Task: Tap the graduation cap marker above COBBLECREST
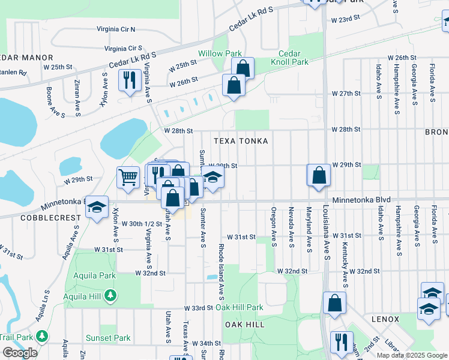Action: point(97,207)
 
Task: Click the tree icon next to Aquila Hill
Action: point(109,295)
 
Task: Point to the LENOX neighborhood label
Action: point(385,319)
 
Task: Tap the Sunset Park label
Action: point(108,338)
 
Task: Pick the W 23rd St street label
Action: point(345,20)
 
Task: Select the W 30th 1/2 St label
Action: point(142,223)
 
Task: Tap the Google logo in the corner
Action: point(20,353)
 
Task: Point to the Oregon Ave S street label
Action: point(274,227)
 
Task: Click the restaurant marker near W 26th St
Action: point(130,80)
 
